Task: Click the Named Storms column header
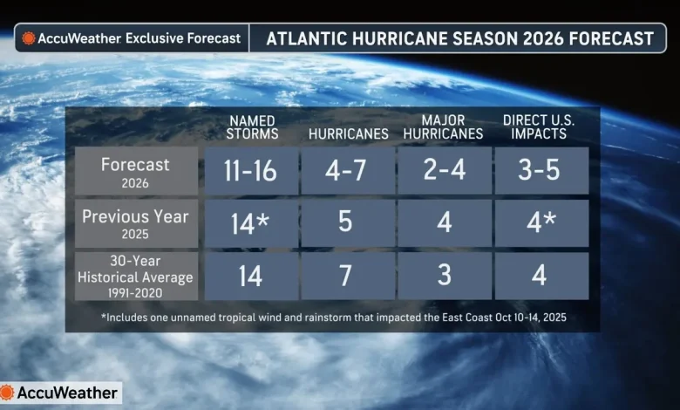[x=252, y=127]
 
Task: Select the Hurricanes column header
[x=348, y=134]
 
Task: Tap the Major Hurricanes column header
[x=445, y=127]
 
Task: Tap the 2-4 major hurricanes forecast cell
[x=445, y=170]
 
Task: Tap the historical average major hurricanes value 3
[x=445, y=277]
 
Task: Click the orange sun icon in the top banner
[x=28, y=38]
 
